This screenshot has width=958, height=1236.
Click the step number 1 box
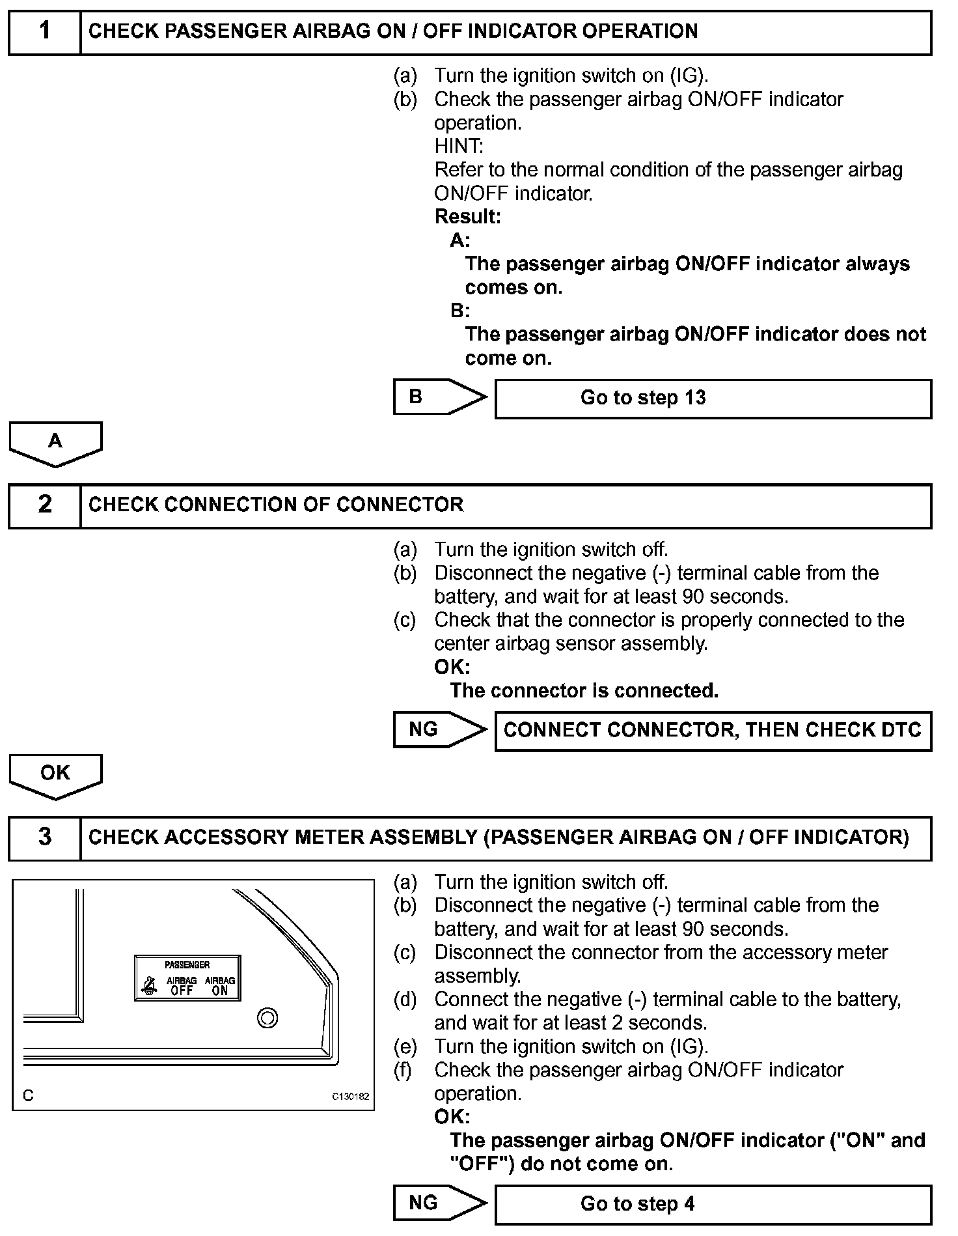point(44,32)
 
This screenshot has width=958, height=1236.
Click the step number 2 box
point(44,505)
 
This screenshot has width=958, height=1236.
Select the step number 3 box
point(44,837)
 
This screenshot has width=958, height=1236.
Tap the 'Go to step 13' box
point(713,399)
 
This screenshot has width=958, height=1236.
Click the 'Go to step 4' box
point(713,1204)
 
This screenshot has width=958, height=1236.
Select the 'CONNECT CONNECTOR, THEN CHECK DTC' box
point(713,731)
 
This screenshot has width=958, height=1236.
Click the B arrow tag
point(439,397)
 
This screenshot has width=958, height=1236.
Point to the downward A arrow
point(55,443)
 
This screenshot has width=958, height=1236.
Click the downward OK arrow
point(55,776)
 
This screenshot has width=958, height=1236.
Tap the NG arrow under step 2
point(439,729)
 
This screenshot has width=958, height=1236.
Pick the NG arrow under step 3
point(439,1203)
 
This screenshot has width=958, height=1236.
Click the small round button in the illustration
point(267,1017)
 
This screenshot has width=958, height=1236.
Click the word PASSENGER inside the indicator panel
point(187,964)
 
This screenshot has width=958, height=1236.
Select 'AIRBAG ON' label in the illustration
point(220,986)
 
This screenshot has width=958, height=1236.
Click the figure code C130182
point(351,1096)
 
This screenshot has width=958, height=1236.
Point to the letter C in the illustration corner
point(28,1095)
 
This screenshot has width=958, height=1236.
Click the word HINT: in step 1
point(459,146)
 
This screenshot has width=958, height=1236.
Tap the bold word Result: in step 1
point(467,216)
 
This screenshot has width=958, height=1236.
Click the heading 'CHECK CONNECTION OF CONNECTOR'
point(276,505)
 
